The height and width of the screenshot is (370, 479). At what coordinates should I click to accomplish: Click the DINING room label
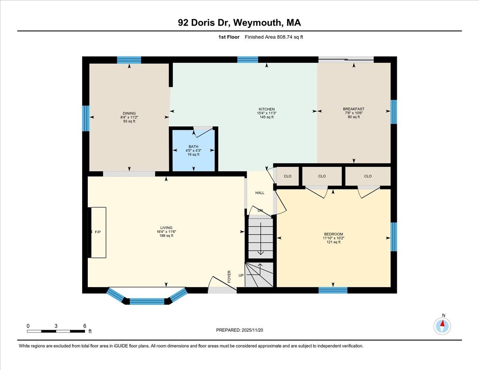coord(129,113)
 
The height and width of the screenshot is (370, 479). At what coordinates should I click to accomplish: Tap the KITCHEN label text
coord(266,109)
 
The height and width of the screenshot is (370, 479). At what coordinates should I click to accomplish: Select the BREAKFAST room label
coord(353,109)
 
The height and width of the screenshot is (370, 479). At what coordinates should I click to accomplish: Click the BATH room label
coord(193,146)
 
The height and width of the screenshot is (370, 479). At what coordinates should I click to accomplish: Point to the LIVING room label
coord(166,228)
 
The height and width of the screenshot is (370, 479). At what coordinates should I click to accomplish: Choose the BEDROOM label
coord(333,234)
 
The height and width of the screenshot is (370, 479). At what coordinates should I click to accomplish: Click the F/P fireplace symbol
coord(97,232)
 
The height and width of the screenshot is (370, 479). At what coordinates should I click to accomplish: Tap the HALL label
coord(260,193)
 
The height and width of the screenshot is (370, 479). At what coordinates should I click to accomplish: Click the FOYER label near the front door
coord(230,277)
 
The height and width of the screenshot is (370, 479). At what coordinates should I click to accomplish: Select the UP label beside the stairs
coord(241,275)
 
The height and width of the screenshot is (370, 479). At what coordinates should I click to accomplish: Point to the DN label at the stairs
coord(260,210)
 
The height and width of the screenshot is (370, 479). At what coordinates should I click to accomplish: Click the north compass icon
coord(442,326)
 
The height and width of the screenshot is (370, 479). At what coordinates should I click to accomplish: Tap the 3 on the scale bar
coord(56,326)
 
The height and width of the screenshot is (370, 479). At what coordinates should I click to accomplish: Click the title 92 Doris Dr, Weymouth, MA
coord(239,23)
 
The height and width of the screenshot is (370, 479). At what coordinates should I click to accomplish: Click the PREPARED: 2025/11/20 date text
coord(240,330)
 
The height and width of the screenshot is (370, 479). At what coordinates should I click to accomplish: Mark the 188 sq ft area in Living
coord(166,235)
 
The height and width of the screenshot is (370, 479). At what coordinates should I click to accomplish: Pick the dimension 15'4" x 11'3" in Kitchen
coord(266,113)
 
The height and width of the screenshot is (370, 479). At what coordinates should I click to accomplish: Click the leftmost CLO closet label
coord(287,176)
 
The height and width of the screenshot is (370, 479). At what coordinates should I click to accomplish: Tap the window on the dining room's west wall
coord(85,118)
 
